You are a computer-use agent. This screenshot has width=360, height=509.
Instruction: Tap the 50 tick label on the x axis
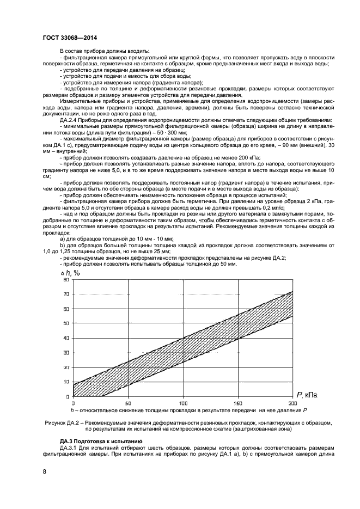click(128, 403)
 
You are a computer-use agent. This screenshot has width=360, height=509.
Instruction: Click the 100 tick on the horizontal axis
click(183, 403)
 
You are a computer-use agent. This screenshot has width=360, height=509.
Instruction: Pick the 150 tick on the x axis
click(238, 403)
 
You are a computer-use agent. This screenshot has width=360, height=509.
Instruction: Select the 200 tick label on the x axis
click(292, 403)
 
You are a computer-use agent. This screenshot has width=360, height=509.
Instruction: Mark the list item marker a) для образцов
click(62, 238)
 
